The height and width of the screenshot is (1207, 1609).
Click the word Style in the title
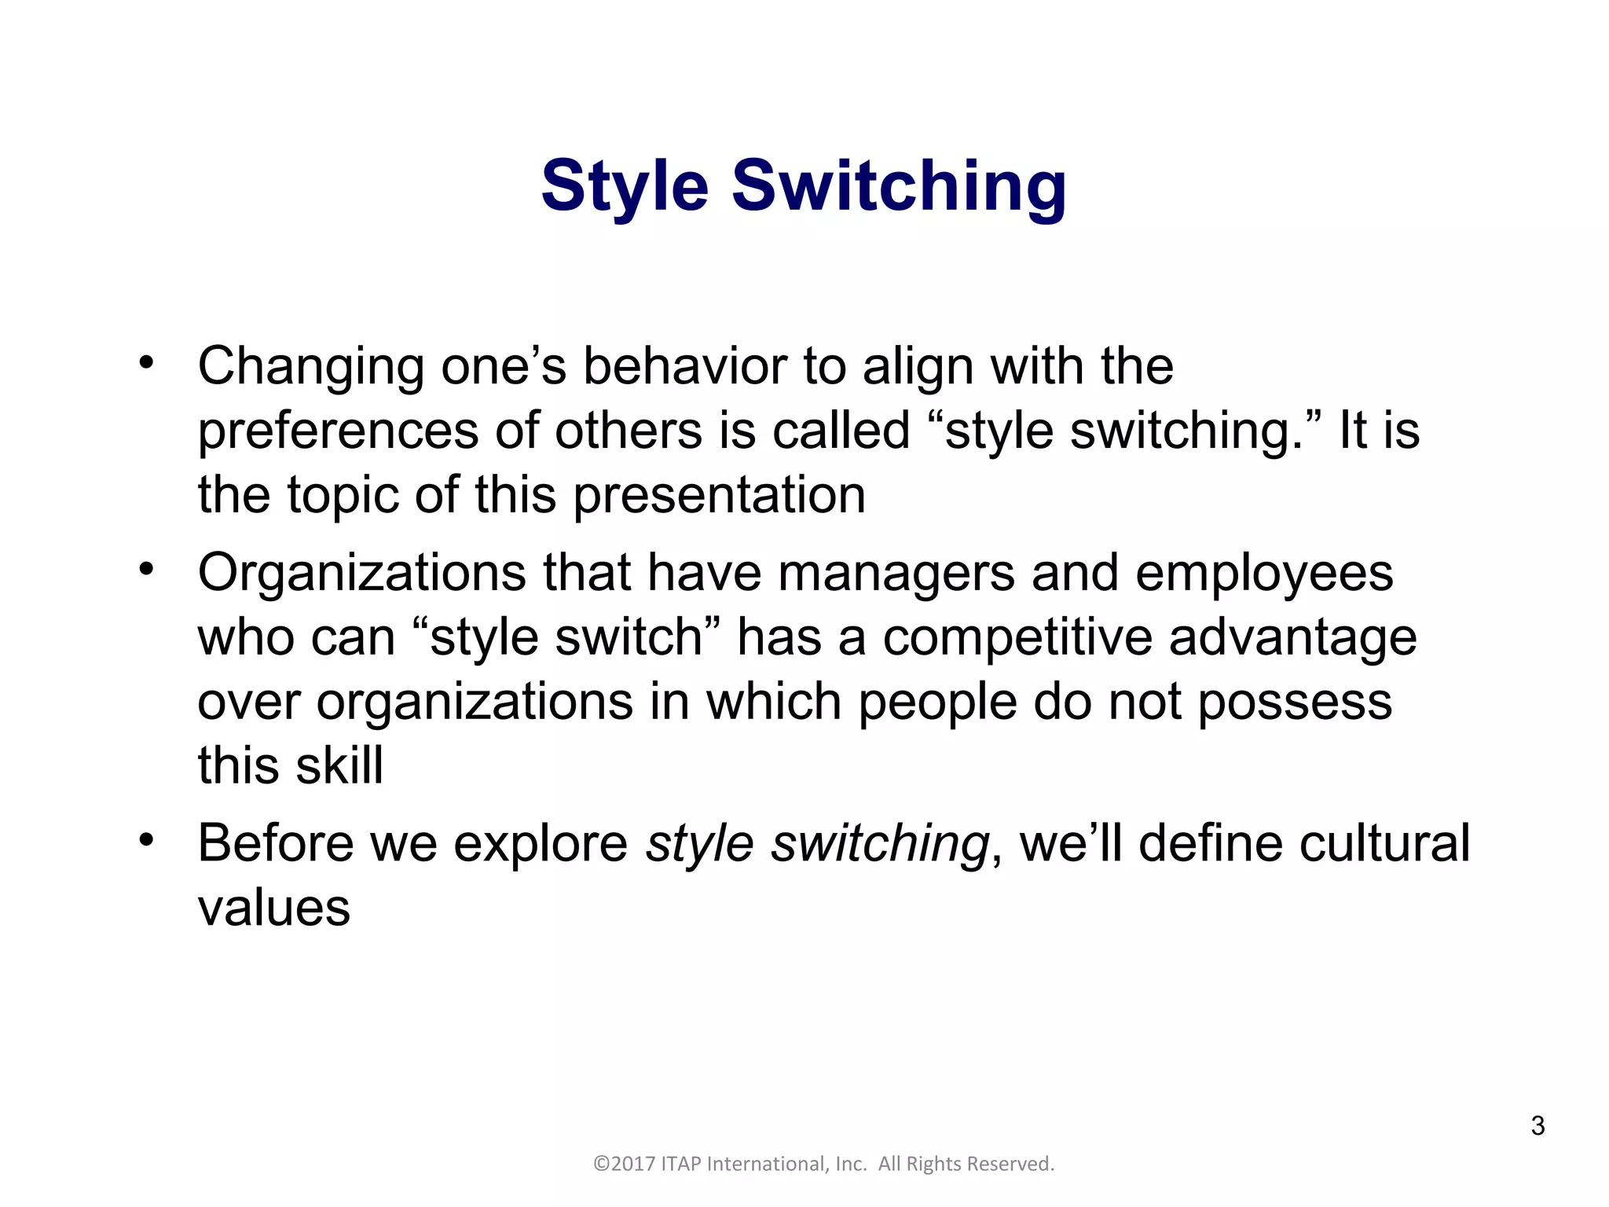coord(625,187)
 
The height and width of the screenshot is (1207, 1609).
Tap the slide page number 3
coord(1538,1125)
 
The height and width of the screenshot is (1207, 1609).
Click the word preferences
coord(338,432)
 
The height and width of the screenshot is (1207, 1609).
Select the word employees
coord(1264,574)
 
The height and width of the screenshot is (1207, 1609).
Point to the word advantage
coord(1292,638)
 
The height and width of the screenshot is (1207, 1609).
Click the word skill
coord(341,765)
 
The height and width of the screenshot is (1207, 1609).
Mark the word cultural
coord(1384,844)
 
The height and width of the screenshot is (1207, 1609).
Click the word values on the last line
coord(273,909)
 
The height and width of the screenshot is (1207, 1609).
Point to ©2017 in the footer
coord(624,1164)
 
